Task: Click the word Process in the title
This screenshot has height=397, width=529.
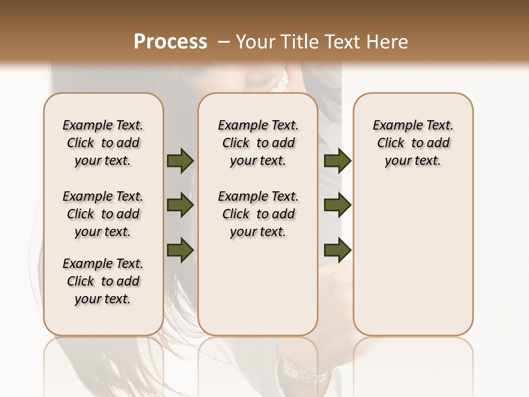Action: click(170, 42)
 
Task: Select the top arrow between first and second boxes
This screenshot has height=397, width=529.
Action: click(180, 160)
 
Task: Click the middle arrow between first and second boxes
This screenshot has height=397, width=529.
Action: click(180, 206)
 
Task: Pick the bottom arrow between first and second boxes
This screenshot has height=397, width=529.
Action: click(180, 250)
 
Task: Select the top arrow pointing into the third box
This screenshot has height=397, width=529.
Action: click(337, 160)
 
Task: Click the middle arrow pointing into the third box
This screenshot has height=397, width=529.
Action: click(337, 206)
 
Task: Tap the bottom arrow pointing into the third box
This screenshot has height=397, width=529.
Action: click(337, 250)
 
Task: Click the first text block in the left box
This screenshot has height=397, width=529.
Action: click(103, 143)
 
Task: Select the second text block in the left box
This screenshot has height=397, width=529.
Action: click(103, 214)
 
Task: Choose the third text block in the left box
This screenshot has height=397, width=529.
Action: click(103, 281)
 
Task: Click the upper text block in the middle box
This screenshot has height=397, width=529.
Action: click(258, 143)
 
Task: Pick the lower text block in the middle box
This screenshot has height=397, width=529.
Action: click(258, 214)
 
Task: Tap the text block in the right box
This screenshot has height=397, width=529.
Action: click(413, 143)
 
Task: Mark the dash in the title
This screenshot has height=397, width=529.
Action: click(224, 42)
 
